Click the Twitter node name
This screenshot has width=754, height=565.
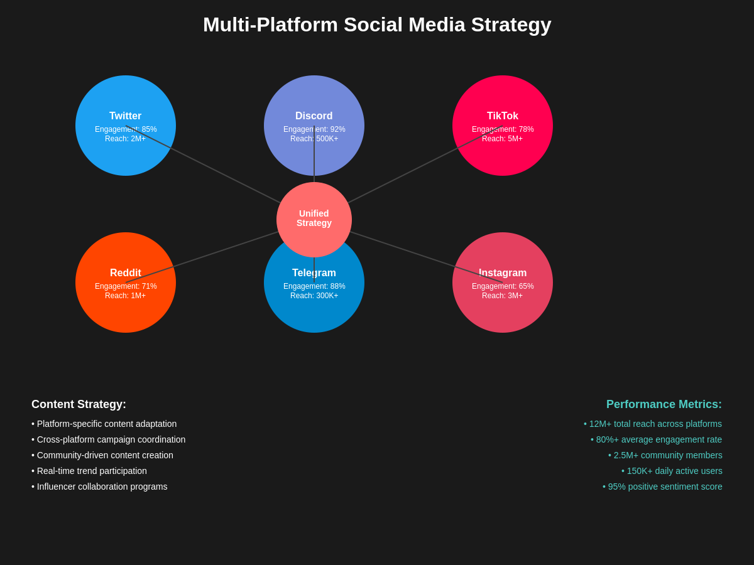coord(126,116)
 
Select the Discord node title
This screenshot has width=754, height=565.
coord(314,116)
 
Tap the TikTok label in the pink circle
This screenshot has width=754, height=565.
coord(503,116)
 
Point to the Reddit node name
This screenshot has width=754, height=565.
coord(126,273)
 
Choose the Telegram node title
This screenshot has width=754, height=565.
coord(314,273)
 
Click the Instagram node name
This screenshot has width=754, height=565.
coord(503,273)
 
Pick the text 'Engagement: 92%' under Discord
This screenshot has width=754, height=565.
coord(314,129)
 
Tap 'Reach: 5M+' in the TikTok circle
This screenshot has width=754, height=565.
coord(503,139)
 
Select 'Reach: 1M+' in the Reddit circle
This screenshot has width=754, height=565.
coord(126,296)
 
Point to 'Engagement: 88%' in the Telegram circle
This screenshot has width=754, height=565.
coord(314,286)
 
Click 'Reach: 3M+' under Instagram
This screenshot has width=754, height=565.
coord(503,296)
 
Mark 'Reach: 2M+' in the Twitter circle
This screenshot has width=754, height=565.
coord(126,139)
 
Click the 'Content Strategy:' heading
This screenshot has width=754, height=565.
coord(79,404)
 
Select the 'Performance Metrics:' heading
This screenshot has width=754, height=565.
coord(664,404)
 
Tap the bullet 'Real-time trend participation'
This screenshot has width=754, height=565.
coord(92,471)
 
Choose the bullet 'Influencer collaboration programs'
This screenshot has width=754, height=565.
coord(102,487)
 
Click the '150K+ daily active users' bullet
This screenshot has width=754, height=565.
coord(674,471)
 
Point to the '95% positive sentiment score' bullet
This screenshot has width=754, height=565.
coord(665,487)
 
